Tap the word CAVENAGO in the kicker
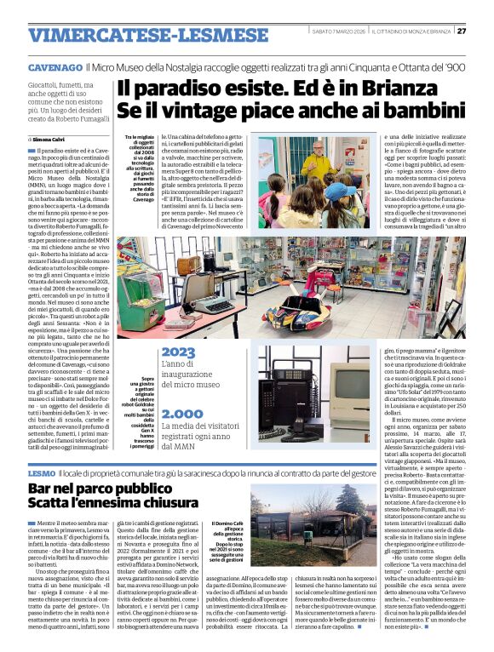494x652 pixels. point(55,66)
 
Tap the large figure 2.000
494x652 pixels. point(181,412)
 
